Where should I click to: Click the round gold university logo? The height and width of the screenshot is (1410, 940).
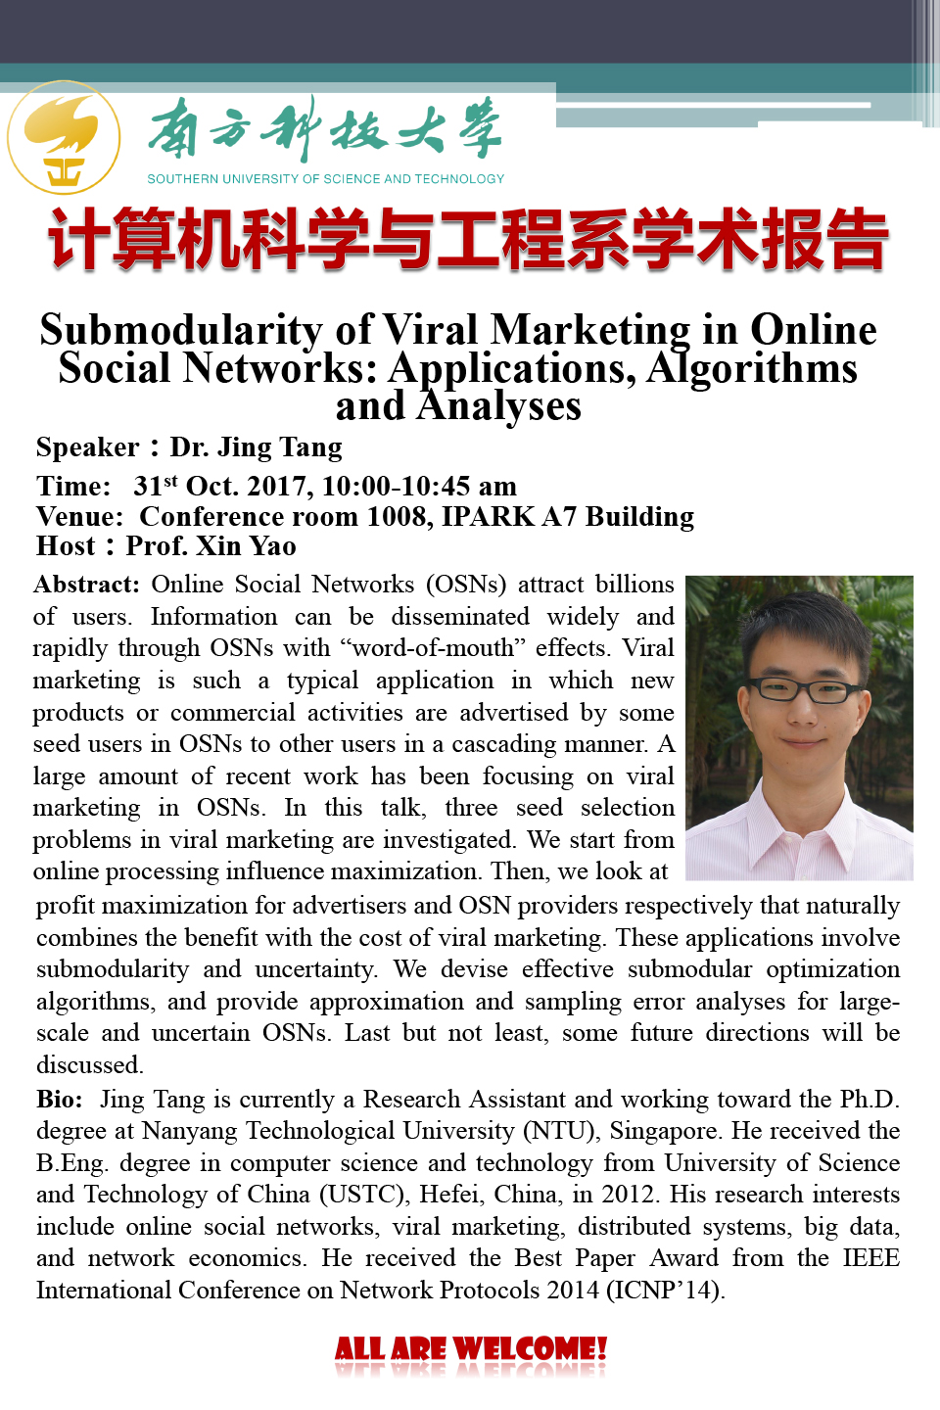click(x=64, y=137)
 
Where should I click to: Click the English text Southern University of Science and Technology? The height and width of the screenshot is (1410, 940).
click(x=326, y=179)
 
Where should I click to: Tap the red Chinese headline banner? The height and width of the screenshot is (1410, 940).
click(x=468, y=240)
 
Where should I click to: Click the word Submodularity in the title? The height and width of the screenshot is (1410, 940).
click(x=181, y=330)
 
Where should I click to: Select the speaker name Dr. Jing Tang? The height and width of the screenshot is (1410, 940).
click(x=257, y=447)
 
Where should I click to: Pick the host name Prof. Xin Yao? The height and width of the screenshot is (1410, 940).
click(x=211, y=545)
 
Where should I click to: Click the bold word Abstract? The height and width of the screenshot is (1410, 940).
click(x=87, y=585)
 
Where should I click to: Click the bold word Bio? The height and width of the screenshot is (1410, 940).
click(x=60, y=1099)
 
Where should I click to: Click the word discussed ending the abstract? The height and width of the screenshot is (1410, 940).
click(x=89, y=1064)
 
